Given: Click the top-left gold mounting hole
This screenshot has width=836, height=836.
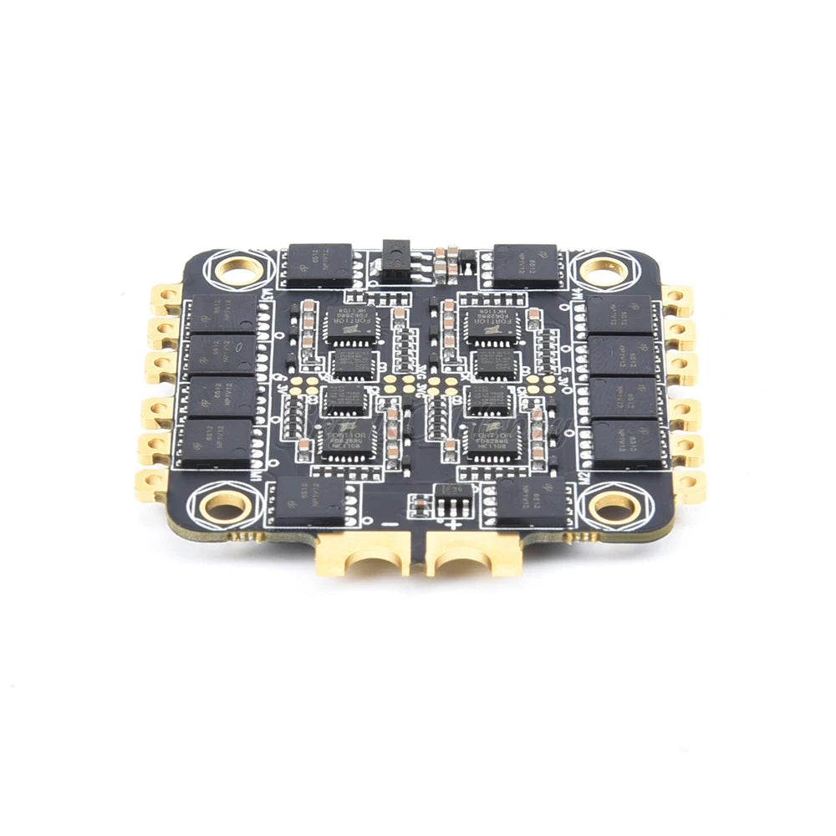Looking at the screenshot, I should coord(238,271).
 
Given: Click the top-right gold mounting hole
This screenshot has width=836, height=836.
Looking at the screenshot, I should coord(602,271).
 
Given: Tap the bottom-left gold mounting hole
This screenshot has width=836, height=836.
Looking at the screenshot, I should coord(225,505).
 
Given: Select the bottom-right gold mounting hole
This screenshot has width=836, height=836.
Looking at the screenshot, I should coord(615,505).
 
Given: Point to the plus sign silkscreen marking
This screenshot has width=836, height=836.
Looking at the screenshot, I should coord(452,525).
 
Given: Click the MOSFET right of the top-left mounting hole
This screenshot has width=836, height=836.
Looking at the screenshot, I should coord(319,263).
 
